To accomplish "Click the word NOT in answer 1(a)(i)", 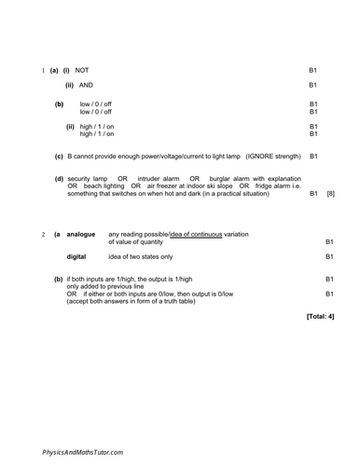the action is click(x=82, y=71).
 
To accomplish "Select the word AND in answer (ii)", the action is click(x=86, y=86).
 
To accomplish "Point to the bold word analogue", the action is click(x=81, y=235).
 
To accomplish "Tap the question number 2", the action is click(x=44, y=235).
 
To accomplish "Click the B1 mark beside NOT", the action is click(x=313, y=71).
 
